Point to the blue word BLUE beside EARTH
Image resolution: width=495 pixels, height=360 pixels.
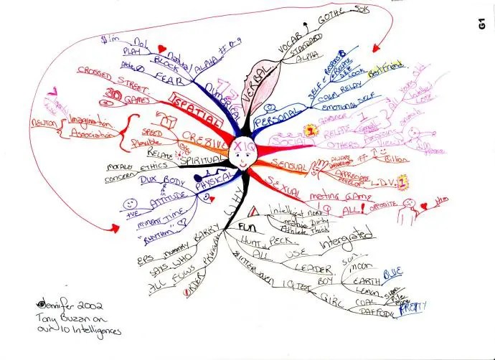pos(391,274)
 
